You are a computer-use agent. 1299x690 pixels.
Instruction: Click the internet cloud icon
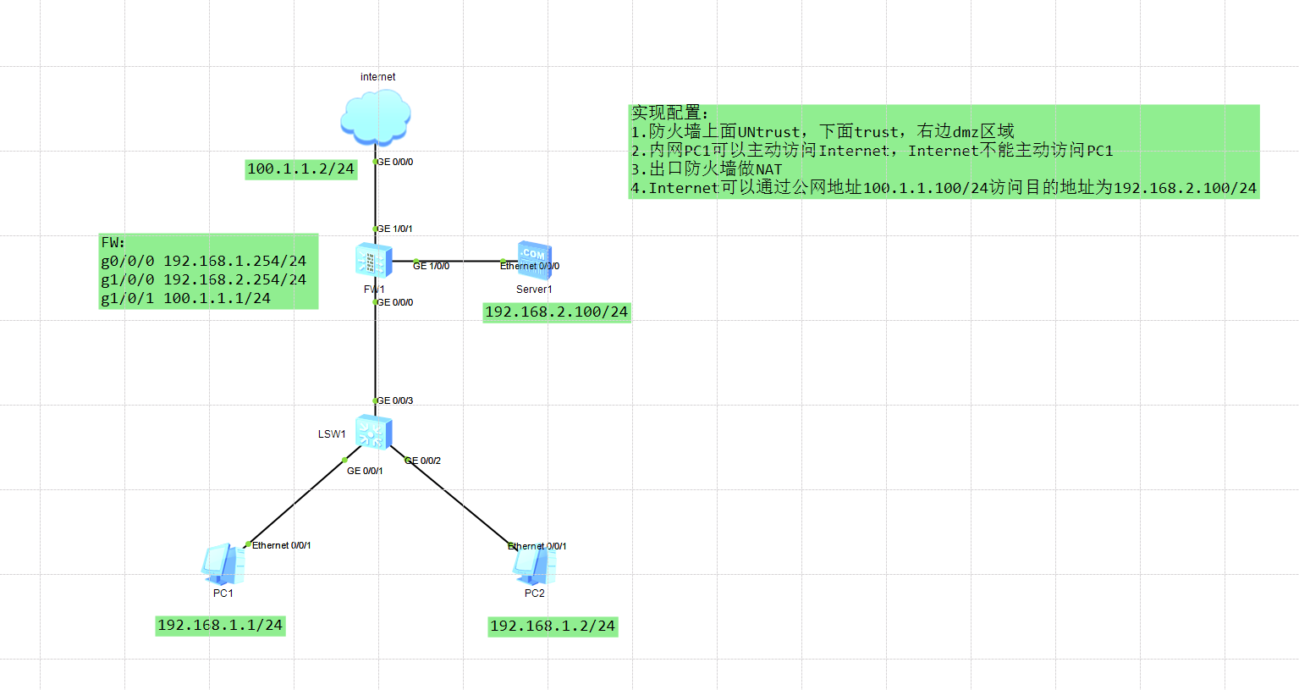[376, 117]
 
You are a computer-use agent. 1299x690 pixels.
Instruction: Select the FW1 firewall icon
[373, 260]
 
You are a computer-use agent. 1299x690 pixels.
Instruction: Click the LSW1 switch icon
[373, 432]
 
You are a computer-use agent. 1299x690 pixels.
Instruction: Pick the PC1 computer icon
[223, 564]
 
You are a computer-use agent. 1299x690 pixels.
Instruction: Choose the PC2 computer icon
[535, 566]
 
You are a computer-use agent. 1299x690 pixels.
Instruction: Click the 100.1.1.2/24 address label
[300, 169]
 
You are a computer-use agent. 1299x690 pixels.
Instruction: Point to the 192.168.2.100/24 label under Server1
[556, 312]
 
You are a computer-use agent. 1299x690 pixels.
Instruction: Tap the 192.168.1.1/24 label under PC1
[220, 626]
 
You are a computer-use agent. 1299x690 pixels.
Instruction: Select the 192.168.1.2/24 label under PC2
[553, 627]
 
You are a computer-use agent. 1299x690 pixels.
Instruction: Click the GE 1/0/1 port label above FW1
[394, 229]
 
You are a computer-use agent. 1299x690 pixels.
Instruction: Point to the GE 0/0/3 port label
[394, 400]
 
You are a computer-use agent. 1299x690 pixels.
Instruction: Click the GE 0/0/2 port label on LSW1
[423, 461]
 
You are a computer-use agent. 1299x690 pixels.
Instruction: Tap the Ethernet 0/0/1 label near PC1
[281, 545]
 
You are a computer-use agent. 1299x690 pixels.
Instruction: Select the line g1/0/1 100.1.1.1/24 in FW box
[186, 298]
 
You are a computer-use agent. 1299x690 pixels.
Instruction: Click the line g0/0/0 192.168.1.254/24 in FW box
[204, 261]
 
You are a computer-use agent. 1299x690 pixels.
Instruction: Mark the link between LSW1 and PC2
[461, 504]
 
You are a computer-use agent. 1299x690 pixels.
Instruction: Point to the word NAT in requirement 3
[769, 169]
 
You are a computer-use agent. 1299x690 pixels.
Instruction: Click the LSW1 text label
[332, 434]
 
